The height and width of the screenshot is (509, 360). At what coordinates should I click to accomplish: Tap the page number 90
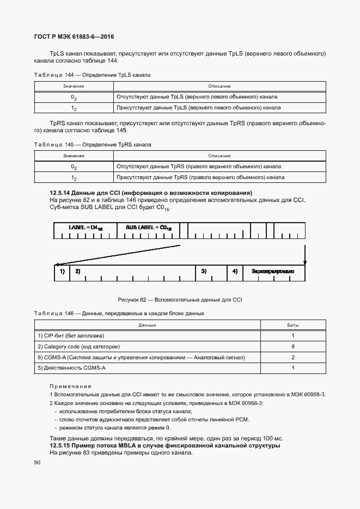click(37, 463)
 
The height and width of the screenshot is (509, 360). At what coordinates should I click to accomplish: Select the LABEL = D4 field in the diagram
click(85, 227)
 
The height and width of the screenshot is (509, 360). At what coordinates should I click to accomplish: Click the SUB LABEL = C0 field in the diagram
click(149, 227)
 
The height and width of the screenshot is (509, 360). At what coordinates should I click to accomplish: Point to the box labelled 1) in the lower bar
click(62, 271)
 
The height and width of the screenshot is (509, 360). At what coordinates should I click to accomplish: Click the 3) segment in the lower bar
click(204, 271)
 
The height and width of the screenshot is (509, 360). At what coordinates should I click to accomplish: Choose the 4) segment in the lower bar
click(235, 271)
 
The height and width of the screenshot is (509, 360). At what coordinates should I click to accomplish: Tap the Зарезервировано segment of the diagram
click(273, 271)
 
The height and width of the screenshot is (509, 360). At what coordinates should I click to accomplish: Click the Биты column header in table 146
click(293, 325)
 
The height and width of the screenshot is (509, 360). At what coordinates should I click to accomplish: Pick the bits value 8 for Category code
click(293, 346)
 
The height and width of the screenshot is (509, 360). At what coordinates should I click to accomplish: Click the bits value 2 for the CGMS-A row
click(293, 357)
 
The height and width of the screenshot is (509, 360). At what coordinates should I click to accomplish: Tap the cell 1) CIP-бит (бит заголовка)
click(70, 336)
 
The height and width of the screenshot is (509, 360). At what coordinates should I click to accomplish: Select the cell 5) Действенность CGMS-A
click(71, 368)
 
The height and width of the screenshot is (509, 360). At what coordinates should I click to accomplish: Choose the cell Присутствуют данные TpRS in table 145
click(200, 177)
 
